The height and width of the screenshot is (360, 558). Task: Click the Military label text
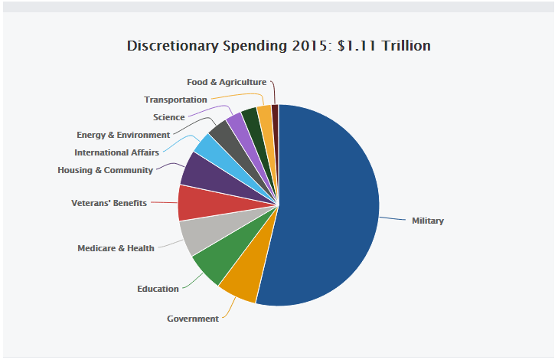pos(427,221)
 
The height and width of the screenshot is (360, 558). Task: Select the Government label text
pos(192,319)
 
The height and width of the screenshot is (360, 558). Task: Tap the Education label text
pos(158,289)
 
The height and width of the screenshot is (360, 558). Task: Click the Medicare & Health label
pos(116,248)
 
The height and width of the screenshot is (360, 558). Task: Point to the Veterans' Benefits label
pos(109,203)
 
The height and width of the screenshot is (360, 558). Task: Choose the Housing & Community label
pos(105,170)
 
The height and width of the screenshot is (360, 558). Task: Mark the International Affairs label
pos(116,152)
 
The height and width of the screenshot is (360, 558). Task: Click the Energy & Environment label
pos(122,135)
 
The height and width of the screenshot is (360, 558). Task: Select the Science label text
pos(168,117)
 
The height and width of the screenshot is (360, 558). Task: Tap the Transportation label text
pos(175,100)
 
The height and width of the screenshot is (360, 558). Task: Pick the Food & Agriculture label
pos(227,82)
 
